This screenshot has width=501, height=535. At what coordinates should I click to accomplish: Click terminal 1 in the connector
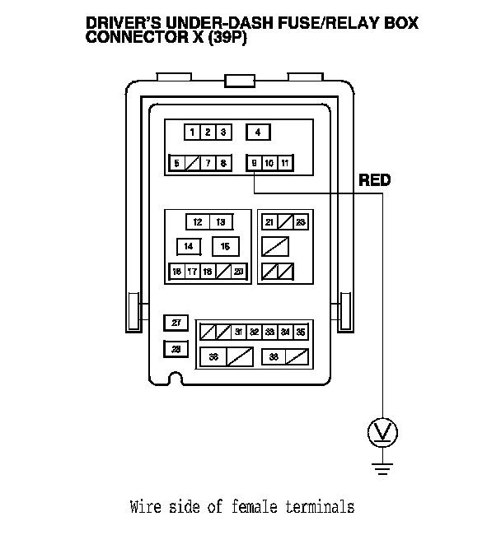coord(192,133)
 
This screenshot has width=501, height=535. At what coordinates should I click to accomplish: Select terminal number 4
coord(258,133)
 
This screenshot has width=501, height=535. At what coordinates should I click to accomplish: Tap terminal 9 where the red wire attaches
coord(255,163)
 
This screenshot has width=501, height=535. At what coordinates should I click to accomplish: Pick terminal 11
coord(284,163)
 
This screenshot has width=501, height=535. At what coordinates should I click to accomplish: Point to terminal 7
coord(208,163)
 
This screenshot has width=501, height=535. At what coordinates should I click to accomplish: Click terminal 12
coord(198,222)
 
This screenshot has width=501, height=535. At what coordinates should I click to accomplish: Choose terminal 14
coord(189,246)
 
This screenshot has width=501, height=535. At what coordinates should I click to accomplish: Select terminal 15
coord(225,246)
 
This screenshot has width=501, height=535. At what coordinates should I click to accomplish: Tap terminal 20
coord(238,271)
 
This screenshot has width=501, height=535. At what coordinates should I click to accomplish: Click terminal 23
coord(301,222)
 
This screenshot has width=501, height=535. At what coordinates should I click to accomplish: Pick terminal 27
coord(176,323)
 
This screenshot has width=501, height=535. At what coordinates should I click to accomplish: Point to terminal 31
coord(238,333)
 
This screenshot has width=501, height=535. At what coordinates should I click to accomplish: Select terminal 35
coord(301,333)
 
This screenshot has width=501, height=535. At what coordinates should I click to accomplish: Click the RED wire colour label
coord(374,180)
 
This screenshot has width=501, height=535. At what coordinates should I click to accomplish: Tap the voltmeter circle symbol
coord(382,430)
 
